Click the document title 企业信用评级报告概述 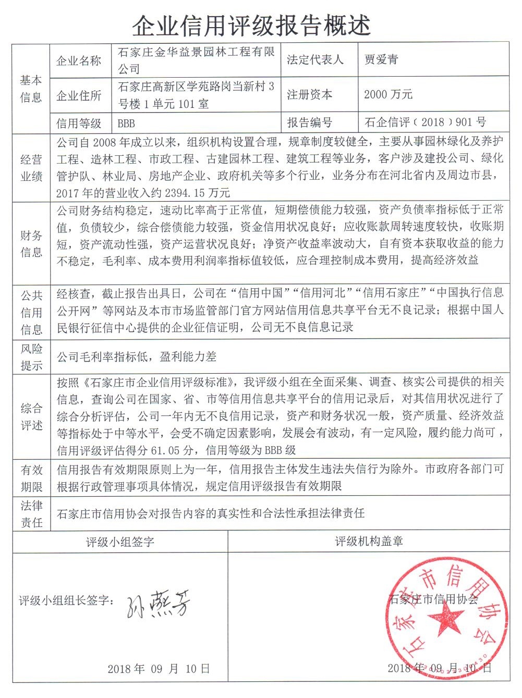coord(251,25)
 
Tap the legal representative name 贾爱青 coord(381,59)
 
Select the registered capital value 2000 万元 coord(388,94)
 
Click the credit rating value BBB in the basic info coord(126,124)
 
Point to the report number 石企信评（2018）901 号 coord(425,123)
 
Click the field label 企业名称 coord(79,61)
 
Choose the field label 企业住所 coord(79,96)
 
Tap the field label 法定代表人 coord(315,60)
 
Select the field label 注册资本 coord(309,95)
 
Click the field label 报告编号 coord(309,123)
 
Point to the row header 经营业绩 coord(31,168)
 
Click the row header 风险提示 coord(31,357)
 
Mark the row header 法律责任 coord(31,513)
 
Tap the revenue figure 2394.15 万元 coord(197,193)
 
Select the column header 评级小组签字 coord(120,542)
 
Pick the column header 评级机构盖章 coord(369,542)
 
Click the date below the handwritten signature coord(159,669)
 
